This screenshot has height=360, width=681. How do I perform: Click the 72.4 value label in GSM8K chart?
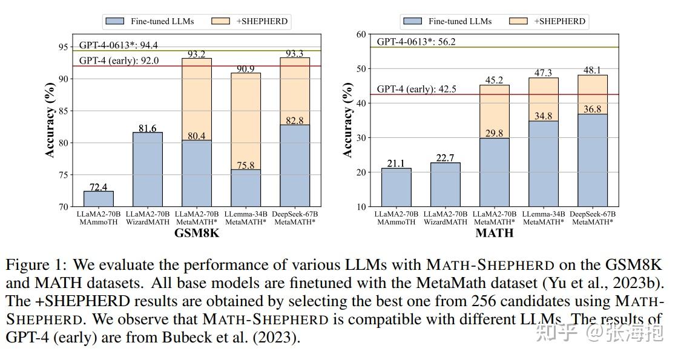99,187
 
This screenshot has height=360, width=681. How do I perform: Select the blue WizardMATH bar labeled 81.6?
148,169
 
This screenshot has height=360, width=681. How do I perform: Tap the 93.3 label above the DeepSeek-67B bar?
295,54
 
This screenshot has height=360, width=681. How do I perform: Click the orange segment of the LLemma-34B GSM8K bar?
246,121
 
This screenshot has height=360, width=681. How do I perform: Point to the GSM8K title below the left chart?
197,233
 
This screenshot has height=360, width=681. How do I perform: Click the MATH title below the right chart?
495,233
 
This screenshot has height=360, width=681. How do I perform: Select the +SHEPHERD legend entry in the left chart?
249,21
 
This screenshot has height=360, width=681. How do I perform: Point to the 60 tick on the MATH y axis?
362,34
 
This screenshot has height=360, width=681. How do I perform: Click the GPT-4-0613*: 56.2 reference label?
416,42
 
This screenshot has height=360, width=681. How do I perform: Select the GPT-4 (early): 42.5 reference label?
416,89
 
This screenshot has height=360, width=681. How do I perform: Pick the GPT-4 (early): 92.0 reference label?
119,61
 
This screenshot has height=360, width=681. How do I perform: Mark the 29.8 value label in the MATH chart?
494,133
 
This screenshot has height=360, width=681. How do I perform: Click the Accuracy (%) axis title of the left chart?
50,121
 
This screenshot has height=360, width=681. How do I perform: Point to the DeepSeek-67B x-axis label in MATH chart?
593,214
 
